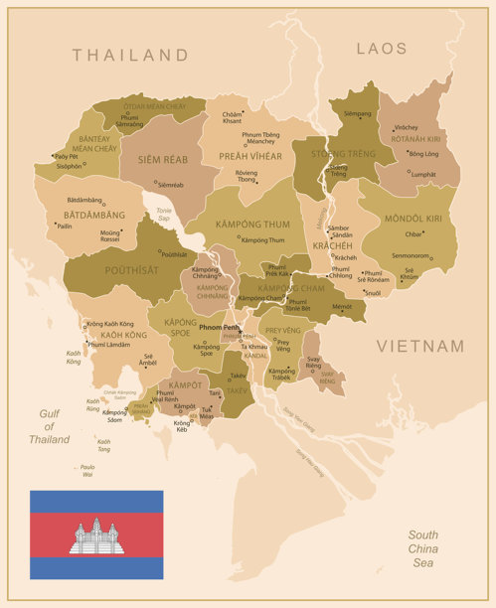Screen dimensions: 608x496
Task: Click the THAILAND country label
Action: pos(130,55)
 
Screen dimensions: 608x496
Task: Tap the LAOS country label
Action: pos(382,48)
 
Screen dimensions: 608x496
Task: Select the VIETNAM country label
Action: pos(419,346)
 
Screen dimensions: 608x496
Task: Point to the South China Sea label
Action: pos(422,548)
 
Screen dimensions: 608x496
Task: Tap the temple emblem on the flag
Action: pos(96,536)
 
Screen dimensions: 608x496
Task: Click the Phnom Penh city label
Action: pos(219,327)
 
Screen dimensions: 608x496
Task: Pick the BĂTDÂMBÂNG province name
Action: pos(94,215)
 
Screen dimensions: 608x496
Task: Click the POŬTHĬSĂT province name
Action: pos(130,269)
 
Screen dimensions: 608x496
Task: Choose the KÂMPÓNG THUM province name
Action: pos(252,225)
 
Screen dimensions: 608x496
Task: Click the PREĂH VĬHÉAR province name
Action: pos(249,156)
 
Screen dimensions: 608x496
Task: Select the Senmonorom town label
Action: pos(410,255)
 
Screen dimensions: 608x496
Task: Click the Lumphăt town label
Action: pos(422,175)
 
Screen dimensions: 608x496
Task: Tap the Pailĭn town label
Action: pos(64,226)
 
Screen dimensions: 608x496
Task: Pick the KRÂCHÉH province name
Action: pos(332,244)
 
